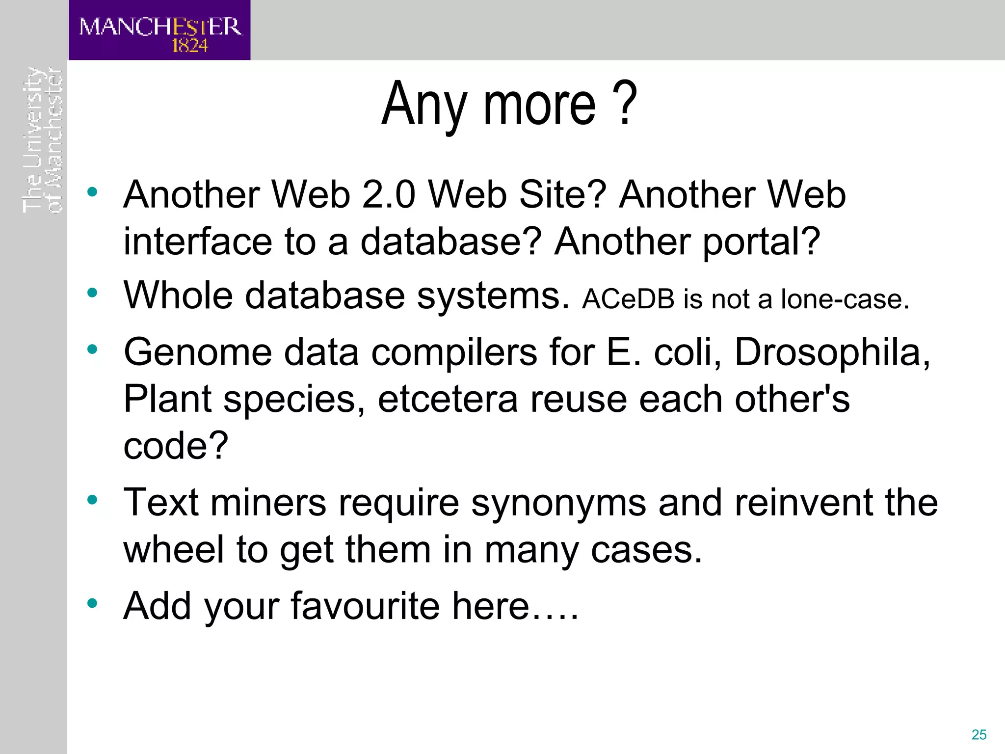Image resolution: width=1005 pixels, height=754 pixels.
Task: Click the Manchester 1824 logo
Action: click(159, 30)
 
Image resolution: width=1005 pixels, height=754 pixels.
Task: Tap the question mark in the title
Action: click(625, 103)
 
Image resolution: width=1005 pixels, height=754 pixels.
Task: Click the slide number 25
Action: click(979, 734)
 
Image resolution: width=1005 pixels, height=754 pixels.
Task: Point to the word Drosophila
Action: click(832, 352)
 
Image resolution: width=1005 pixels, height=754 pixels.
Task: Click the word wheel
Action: click(174, 549)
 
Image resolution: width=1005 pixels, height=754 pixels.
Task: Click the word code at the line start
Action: click(169, 446)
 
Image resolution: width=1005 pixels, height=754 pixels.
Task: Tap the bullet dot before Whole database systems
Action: click(92, 294)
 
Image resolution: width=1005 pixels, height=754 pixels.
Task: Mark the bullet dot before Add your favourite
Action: click(92, 603)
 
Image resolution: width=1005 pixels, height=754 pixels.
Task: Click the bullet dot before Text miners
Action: click(92, 500)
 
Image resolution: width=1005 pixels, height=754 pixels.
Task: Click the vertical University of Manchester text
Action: click(43, 140)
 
